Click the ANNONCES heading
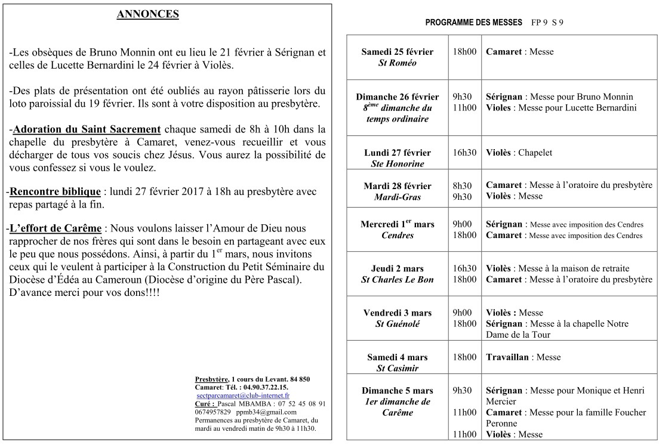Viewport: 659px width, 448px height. click(147, 15)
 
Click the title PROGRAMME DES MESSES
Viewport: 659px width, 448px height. click(474, 23)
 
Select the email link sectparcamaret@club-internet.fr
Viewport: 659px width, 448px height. click(243, 396)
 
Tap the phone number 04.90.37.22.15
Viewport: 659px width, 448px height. click(263, 387)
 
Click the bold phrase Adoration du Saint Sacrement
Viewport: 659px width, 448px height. click(87, 129)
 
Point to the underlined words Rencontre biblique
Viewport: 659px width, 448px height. click(56, 192)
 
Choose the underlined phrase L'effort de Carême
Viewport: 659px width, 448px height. click(56, 229)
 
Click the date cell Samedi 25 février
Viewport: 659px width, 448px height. click(397, 52)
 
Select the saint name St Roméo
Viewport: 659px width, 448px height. click(397, 63)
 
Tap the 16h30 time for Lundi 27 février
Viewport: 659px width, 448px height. click(464, 153)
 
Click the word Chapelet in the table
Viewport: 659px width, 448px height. click(535, 153)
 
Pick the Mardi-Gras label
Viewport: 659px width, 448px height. click(397, 196)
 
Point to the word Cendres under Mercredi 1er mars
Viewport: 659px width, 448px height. click(397, 235)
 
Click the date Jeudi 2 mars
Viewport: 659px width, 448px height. click(397, 268)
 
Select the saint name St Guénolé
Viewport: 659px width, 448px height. click(397, 324)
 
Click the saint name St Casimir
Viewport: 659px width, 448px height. click(397, 368)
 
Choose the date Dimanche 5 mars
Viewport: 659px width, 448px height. click(397, 391)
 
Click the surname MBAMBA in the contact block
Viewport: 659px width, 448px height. click(254, 404)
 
